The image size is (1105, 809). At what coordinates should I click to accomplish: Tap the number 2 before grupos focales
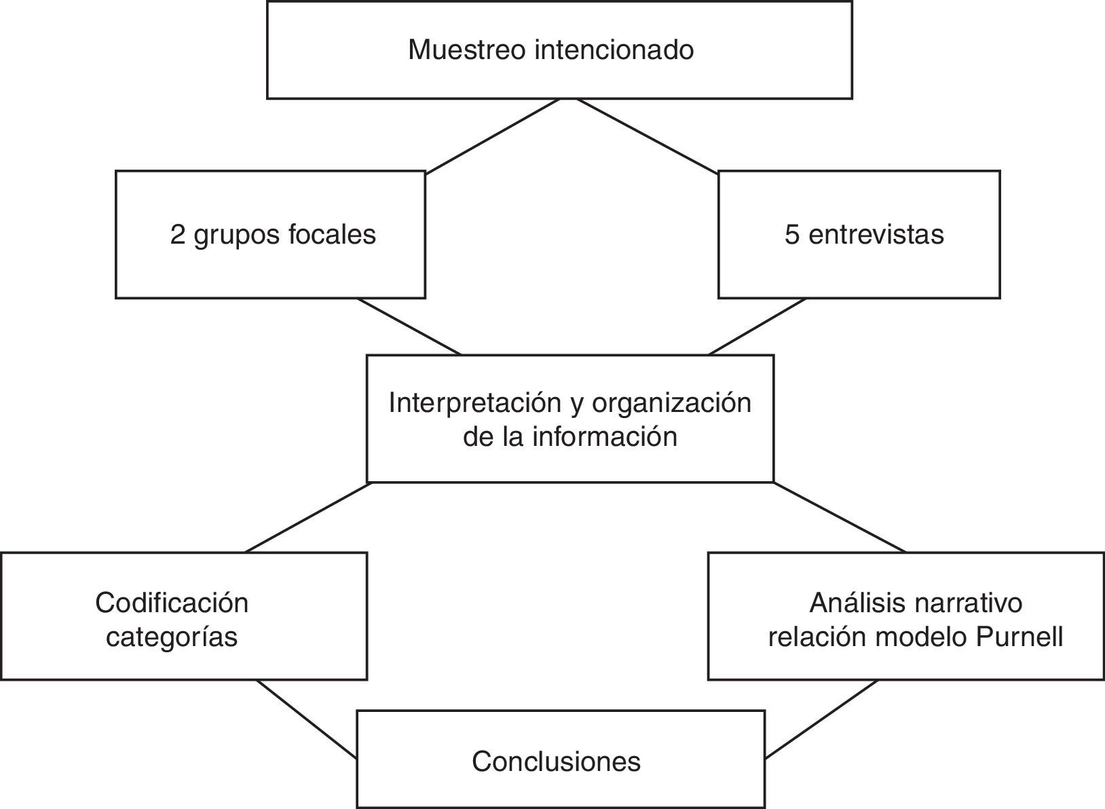click(177, 235)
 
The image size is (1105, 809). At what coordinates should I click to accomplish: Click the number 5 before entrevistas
click(792, 235)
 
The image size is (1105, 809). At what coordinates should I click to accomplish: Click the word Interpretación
click(474, 403)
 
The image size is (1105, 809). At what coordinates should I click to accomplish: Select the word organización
click(671, 403)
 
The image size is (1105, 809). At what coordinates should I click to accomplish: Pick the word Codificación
click(172, 603)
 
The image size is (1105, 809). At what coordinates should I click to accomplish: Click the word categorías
click(172, 637)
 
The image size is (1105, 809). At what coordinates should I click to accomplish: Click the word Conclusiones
click(556, 761)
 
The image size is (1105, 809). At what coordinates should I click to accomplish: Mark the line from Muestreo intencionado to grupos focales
click(493, 136)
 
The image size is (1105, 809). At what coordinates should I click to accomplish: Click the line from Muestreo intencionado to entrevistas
click(648, 136)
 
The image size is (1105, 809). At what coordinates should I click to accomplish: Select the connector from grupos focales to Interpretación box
click(409, 326)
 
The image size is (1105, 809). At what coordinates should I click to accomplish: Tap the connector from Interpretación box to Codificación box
click(307, 517)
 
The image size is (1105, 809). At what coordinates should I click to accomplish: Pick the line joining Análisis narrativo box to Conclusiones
click(821, 719)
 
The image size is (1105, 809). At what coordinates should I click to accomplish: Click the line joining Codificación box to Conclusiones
click(307, 719)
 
